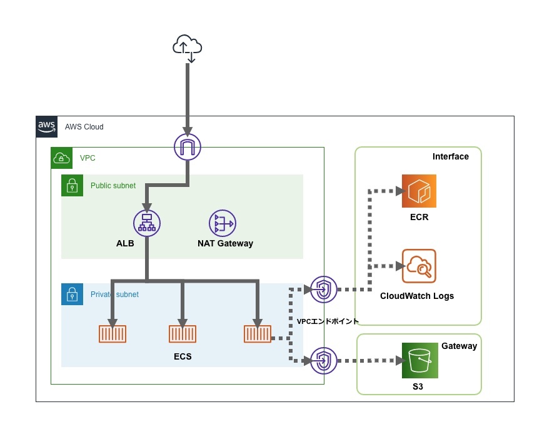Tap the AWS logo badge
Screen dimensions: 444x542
[47, 126]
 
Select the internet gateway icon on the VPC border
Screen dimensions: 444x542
[187, 148]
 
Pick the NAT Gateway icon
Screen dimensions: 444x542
[223, 223]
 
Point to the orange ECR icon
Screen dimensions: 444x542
[419, 191]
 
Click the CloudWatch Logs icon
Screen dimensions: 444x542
[419, 267]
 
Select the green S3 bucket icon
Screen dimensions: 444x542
[419, 360]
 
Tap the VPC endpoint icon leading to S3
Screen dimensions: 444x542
[323, 360]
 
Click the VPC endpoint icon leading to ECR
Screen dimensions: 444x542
[323, 289]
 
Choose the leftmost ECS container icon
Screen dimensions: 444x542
[113, 334]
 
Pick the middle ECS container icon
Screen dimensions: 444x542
[183, 334]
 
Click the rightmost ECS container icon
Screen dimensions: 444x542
[257, 334]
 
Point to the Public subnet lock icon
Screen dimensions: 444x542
[72, 186]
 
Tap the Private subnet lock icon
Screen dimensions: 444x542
[72, 295]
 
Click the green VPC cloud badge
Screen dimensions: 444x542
[61, 158]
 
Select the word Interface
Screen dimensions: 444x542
[450, 156]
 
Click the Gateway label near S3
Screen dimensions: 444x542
[459, 346]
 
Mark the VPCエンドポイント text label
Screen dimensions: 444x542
[328, 321]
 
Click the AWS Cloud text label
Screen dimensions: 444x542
[84, 127]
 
